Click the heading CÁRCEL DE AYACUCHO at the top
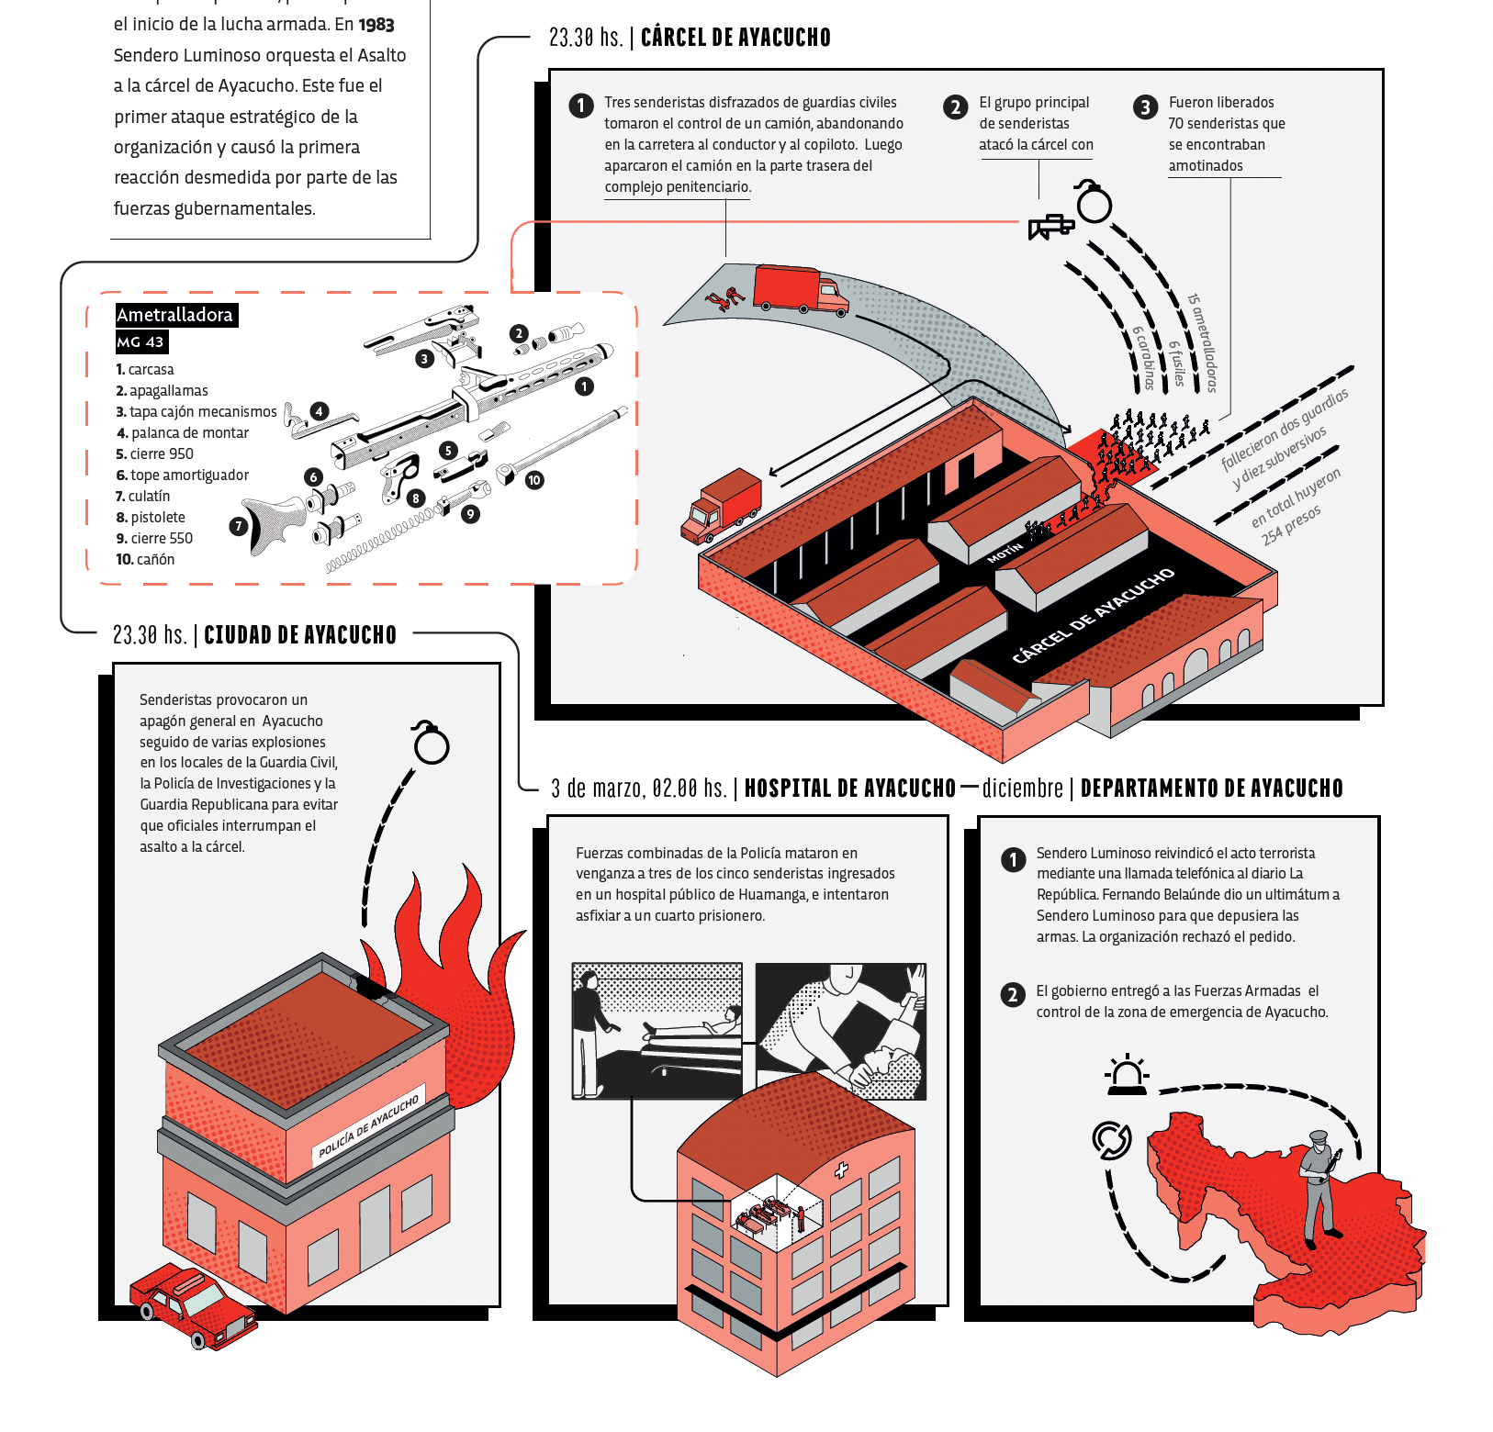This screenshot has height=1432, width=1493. tap(735, 38)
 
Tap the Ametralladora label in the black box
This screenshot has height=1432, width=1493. tap(175, 315)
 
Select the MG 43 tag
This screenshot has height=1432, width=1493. tap(140, 342)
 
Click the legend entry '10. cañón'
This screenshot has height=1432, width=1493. tap(145, 560)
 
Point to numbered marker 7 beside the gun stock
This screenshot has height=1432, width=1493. tap(239, 526)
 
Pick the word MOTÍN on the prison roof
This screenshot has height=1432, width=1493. tap(1005, 553)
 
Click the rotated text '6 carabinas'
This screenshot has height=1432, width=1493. tap(1144, 358)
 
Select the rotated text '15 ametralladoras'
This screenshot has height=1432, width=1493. tap(1202, 342)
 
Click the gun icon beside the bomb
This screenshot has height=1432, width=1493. tap(1050, 226)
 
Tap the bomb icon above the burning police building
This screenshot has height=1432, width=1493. tap(431, 744)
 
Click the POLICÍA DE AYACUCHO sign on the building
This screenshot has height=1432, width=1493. tap(368, 1125)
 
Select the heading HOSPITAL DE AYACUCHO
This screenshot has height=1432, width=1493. tap(849, 789)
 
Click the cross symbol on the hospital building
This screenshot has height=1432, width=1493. tap(840, 1170)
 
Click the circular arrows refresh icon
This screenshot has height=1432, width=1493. tap(1111, 1140)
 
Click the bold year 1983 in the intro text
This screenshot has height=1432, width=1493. tap(376, 25)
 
